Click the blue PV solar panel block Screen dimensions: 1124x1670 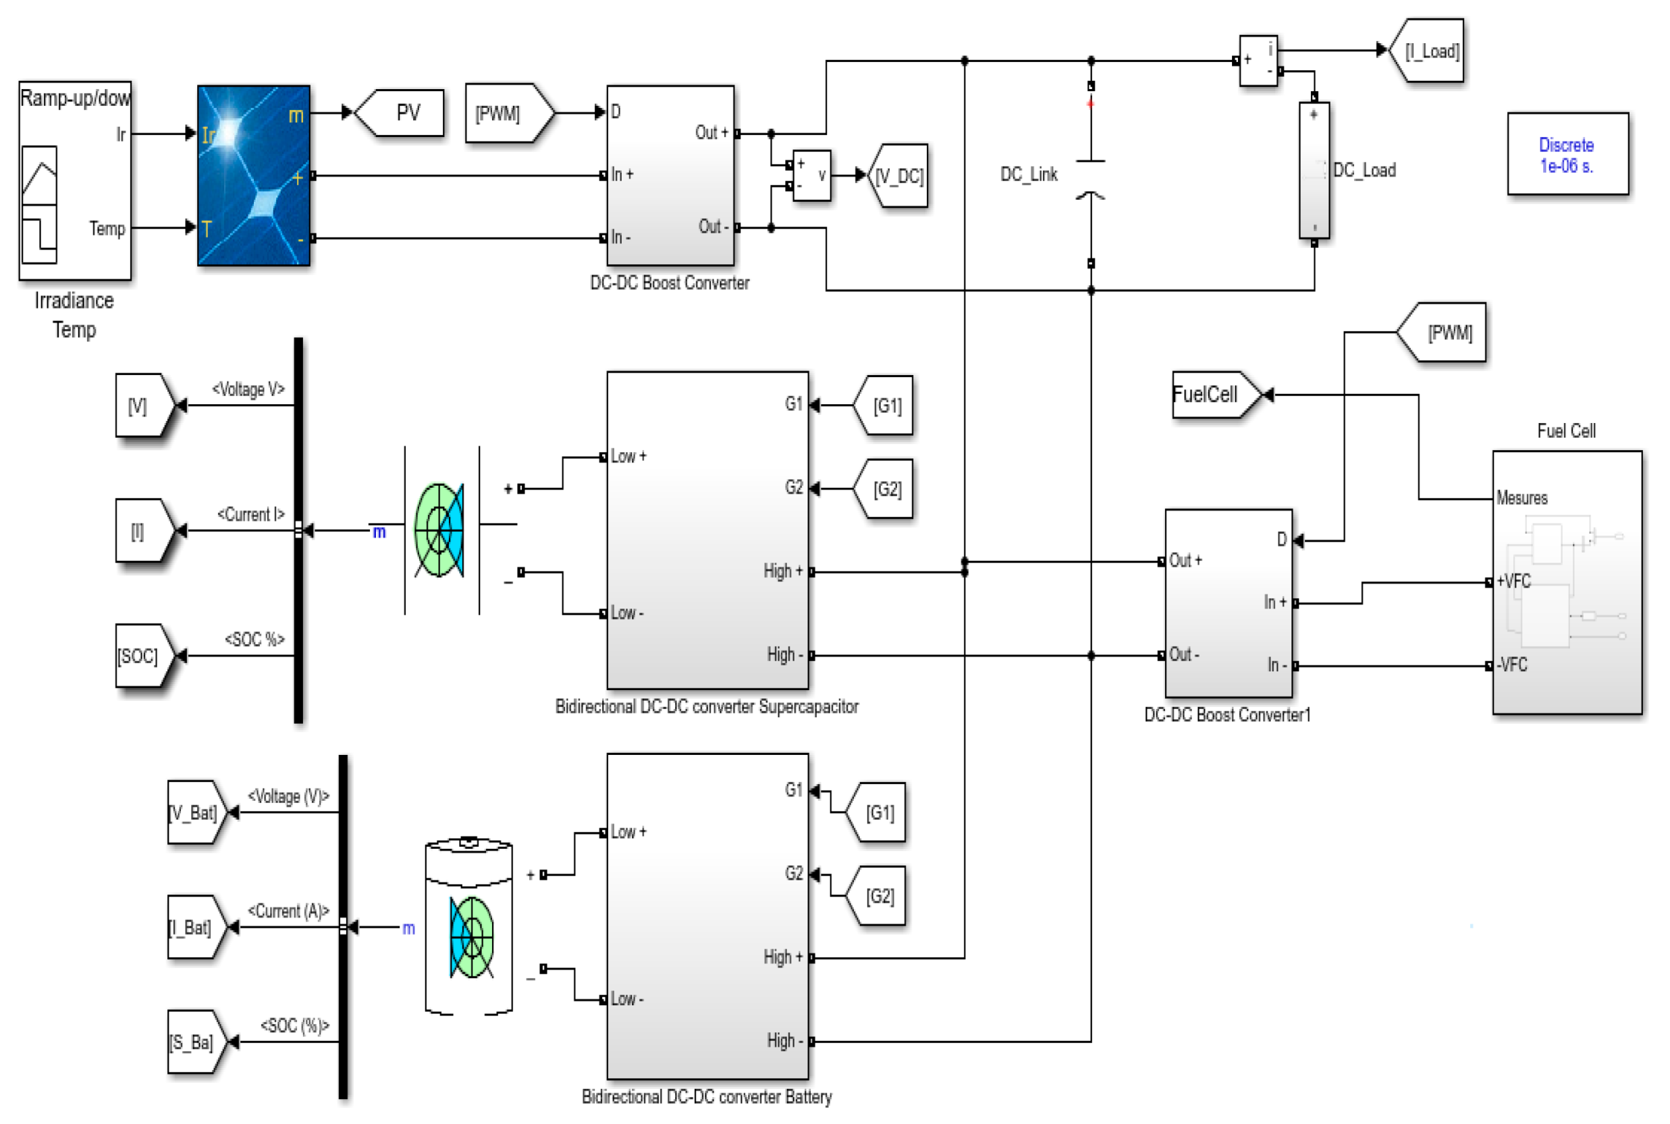tap(253, 175)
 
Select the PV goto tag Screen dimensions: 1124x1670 tap(402, 113)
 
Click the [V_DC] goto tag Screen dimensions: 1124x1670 tap(898, 175)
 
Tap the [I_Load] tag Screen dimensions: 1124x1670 tap(1428, 51)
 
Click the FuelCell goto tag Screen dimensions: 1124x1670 tap(1212, 394)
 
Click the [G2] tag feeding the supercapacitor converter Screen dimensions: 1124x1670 tap(885, 489)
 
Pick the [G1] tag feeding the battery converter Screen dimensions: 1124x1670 tap(877, 812)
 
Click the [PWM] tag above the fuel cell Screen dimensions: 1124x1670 tap(1444, 333)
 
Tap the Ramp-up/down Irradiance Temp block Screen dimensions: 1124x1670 tap(74, 181)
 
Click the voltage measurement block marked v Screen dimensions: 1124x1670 tap(811, 175)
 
